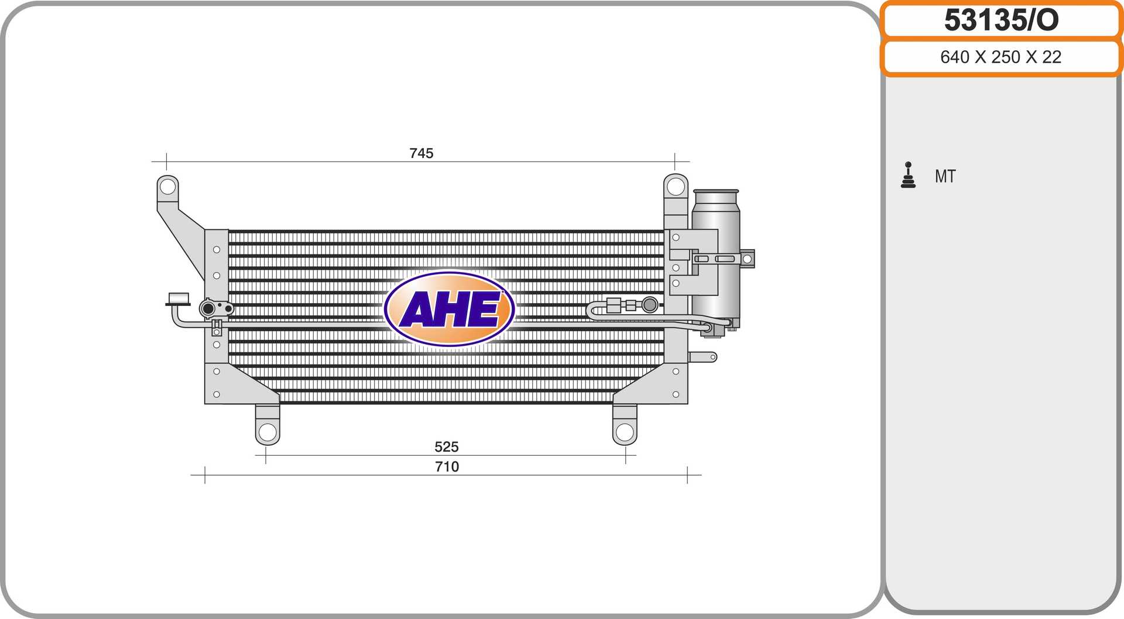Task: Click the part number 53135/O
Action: tap(1001, 20)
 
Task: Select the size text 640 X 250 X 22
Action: tap(1000, 57)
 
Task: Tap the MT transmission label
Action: tap(945, 176)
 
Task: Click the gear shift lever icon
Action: tap(908, 175)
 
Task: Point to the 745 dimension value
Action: tap(421, 153)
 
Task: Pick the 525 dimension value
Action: tap(447, 447)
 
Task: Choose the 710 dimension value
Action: tap(447, 467)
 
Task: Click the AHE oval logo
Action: tap(449, 309)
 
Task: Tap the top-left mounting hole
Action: tap(167, 187)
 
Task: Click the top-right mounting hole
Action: tap(676, 187)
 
